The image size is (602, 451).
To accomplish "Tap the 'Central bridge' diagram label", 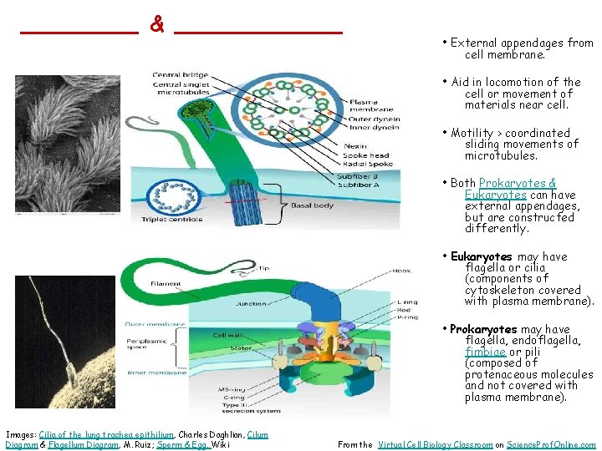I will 175,76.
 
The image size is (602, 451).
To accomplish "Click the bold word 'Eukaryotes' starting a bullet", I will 482,256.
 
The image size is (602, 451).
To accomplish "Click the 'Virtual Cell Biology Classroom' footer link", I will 435,445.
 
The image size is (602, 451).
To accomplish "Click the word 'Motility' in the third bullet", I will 473,133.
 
